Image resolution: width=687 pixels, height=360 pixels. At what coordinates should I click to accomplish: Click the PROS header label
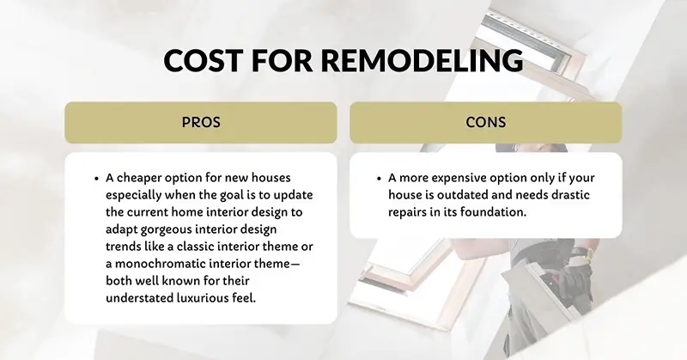[201, 122]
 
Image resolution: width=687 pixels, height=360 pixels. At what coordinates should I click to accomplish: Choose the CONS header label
[485, 122]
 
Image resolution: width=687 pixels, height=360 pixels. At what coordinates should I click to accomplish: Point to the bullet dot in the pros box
[97, 179]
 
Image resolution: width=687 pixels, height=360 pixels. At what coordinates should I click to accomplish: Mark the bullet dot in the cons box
[380, 179]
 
